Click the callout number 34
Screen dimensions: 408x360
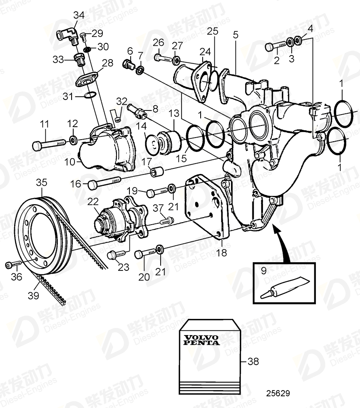(x=79, y=15)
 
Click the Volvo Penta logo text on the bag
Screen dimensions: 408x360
(x=201, y=340)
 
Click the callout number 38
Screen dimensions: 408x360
(x=253, y=361)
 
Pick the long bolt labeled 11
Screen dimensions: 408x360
(x=48, y=143)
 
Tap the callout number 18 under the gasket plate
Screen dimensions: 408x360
(x=222, y=253)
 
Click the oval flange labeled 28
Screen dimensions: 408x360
(x=87, y=79)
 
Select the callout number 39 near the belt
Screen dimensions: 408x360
(x=34, y=295)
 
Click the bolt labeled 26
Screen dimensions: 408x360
(x=163, y=57)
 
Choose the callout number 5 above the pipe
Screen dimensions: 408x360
(x=235, y=35)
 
